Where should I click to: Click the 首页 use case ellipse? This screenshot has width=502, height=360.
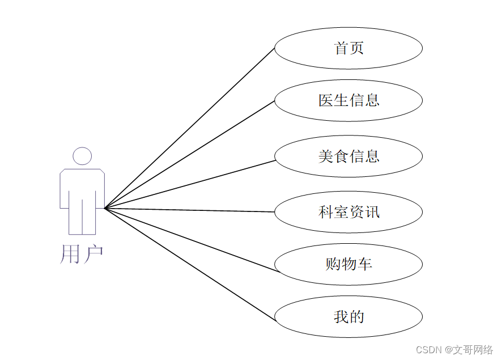pyautogui.click(x=348, y=48)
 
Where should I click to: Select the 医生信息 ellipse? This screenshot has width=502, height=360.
pyautogui.click(x=348, y=100)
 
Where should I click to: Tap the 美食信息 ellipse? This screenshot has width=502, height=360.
pyautogui.click(x=348, y=156)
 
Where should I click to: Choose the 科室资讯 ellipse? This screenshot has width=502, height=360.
pyautogui.click(x=348, y=212)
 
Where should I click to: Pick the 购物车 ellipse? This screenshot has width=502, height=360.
pyautogui.click(x=348, y=264)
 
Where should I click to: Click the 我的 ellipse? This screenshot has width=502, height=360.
pyautogui.click(x=348, y=316)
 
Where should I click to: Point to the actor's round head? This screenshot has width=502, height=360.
pyautogui.click(x=82, y=156)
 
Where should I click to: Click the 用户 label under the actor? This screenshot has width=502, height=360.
pyautogui.click(x=82, y=255)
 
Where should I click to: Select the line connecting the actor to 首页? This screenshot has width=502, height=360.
pyautogui.click(x=190, y=128)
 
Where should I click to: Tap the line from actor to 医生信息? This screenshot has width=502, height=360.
pyautogui.click(x=190, y=154)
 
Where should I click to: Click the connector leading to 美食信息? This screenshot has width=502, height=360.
pyautogui.click(x=190, y=184)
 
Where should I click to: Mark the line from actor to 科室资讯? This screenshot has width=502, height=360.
pyautogui.click(x=190, y=210)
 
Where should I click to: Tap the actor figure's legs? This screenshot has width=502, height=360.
pyautogui.click(x=82, y=218)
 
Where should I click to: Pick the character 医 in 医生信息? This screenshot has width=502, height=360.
pyautogui.click(x=325, y=100)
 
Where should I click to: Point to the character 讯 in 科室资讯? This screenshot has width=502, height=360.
pyautogui.click(x=372, y=212)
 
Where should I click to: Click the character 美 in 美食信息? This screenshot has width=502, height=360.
pyautogui.click(x=325, y=156)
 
